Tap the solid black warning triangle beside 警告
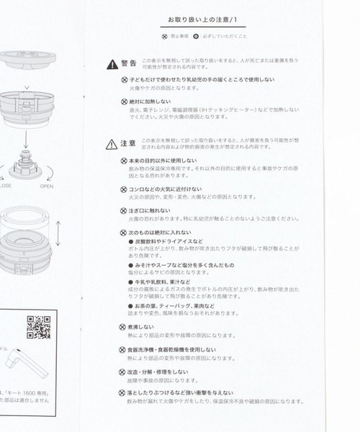(x=112, y=64)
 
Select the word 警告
(x=128, y=64)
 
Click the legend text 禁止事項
(x=180, y=35)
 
